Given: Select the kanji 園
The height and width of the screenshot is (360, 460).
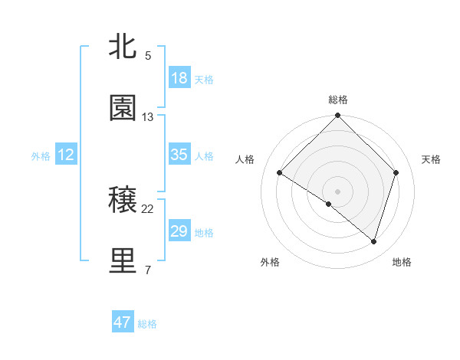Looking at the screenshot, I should coord(123,109).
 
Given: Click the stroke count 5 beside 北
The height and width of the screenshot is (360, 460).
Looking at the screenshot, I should coord(148,56).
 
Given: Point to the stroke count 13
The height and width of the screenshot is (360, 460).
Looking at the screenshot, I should coord(148,117).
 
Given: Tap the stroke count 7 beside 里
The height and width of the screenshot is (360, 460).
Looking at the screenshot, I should coord(148,270).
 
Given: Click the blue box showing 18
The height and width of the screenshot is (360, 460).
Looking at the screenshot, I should coord(179,78).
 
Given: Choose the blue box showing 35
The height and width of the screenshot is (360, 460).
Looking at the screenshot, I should coord(179,155).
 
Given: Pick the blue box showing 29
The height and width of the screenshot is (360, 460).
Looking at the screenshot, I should coord(179,231).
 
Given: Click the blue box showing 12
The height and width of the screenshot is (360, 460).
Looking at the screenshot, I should coord(66,155).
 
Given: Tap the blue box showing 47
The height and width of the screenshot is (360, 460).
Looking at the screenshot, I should coord(123,322).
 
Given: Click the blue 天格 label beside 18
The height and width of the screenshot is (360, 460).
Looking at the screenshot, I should coord(204,79).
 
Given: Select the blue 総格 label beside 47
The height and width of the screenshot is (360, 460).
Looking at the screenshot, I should coord(147,324).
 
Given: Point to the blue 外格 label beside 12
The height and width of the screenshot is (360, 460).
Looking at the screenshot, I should coord(41,155).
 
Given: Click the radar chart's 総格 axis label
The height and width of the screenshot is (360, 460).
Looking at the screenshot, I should coord(338,100).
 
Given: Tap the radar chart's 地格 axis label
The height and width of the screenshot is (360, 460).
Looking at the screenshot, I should coord(402,262).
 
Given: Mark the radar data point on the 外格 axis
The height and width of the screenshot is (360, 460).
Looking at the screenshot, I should coord(329,204).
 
